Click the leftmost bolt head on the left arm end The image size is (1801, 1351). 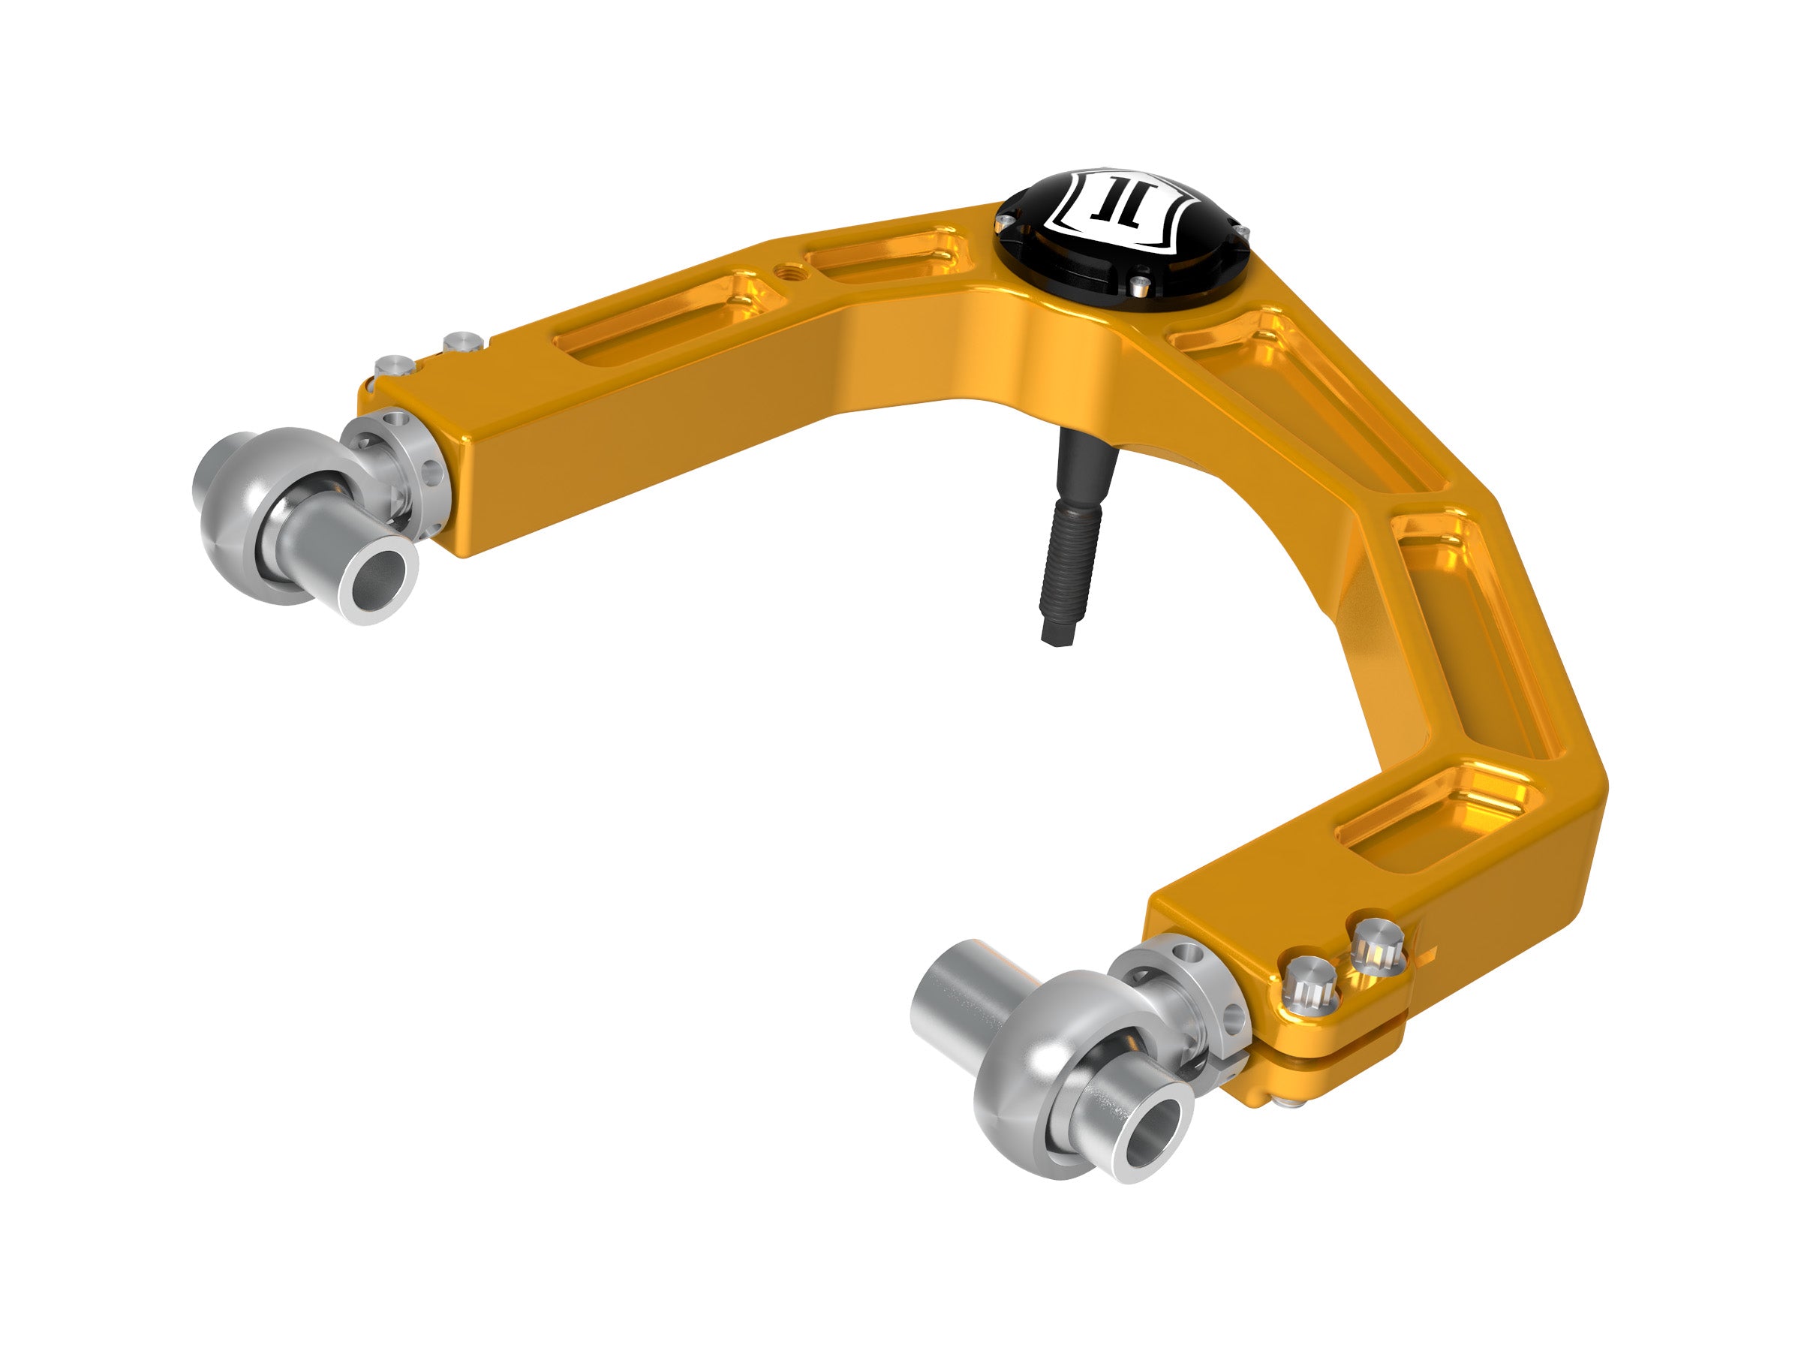click(395, 366)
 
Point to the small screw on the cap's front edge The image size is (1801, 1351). click(1141, 284)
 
